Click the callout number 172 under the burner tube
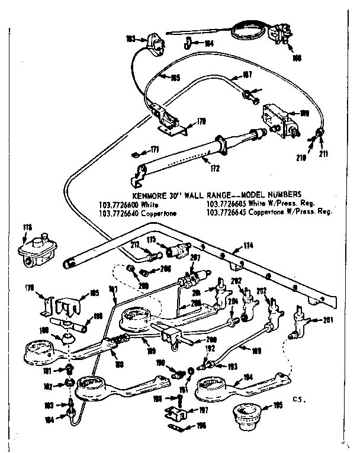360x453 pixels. point(214,168)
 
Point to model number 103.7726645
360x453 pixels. point(227,211)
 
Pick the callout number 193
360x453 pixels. point(233,367)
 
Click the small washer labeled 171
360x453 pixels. point(136,155)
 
